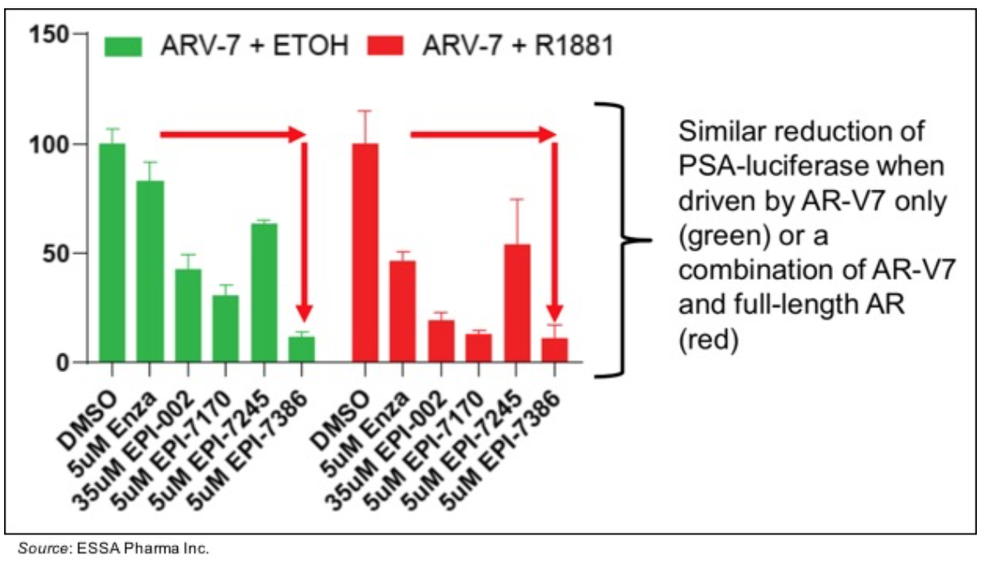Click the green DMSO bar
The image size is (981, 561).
click(112, 253)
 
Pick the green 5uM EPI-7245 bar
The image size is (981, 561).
click(265, 293)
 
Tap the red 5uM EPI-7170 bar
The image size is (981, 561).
click(478, 348)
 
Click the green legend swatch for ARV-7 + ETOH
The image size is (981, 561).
click(124, 46)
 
